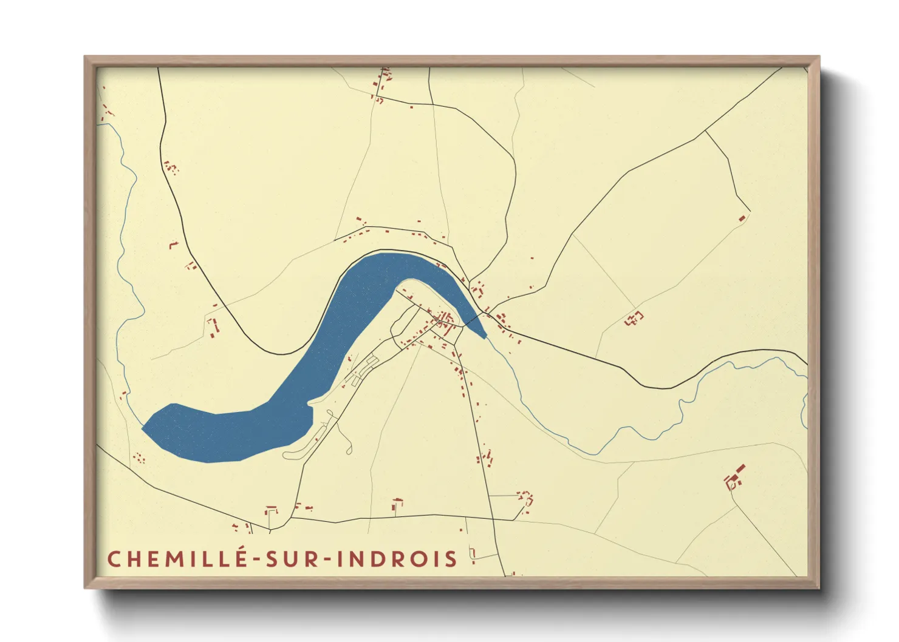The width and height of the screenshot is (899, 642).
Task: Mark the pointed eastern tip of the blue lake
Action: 484,336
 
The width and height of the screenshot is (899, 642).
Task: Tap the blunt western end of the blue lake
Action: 146,428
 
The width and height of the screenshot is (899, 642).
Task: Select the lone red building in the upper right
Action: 742,218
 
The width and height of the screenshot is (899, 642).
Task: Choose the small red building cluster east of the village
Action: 634,318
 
